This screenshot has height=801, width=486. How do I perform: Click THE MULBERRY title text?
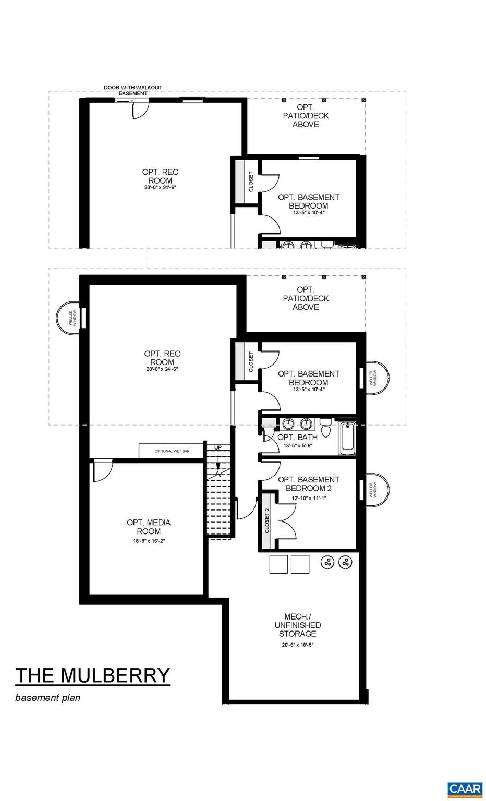93,675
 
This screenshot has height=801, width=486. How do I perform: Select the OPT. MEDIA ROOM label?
149,527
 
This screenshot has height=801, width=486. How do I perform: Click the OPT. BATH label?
297,437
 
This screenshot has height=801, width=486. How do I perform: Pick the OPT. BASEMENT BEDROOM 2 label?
308,484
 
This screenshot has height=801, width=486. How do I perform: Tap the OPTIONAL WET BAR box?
172,451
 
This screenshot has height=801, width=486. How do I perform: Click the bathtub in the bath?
347,439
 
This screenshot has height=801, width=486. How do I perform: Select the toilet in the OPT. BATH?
326,428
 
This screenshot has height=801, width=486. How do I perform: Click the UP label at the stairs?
218,447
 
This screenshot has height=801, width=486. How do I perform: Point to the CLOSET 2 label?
266,520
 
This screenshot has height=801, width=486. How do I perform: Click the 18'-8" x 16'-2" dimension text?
149,541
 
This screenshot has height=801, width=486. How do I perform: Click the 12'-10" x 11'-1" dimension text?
308,498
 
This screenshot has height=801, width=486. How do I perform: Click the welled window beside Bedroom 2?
375,490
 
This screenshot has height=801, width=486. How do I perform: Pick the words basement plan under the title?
48,697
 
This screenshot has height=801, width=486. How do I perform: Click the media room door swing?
102,471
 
